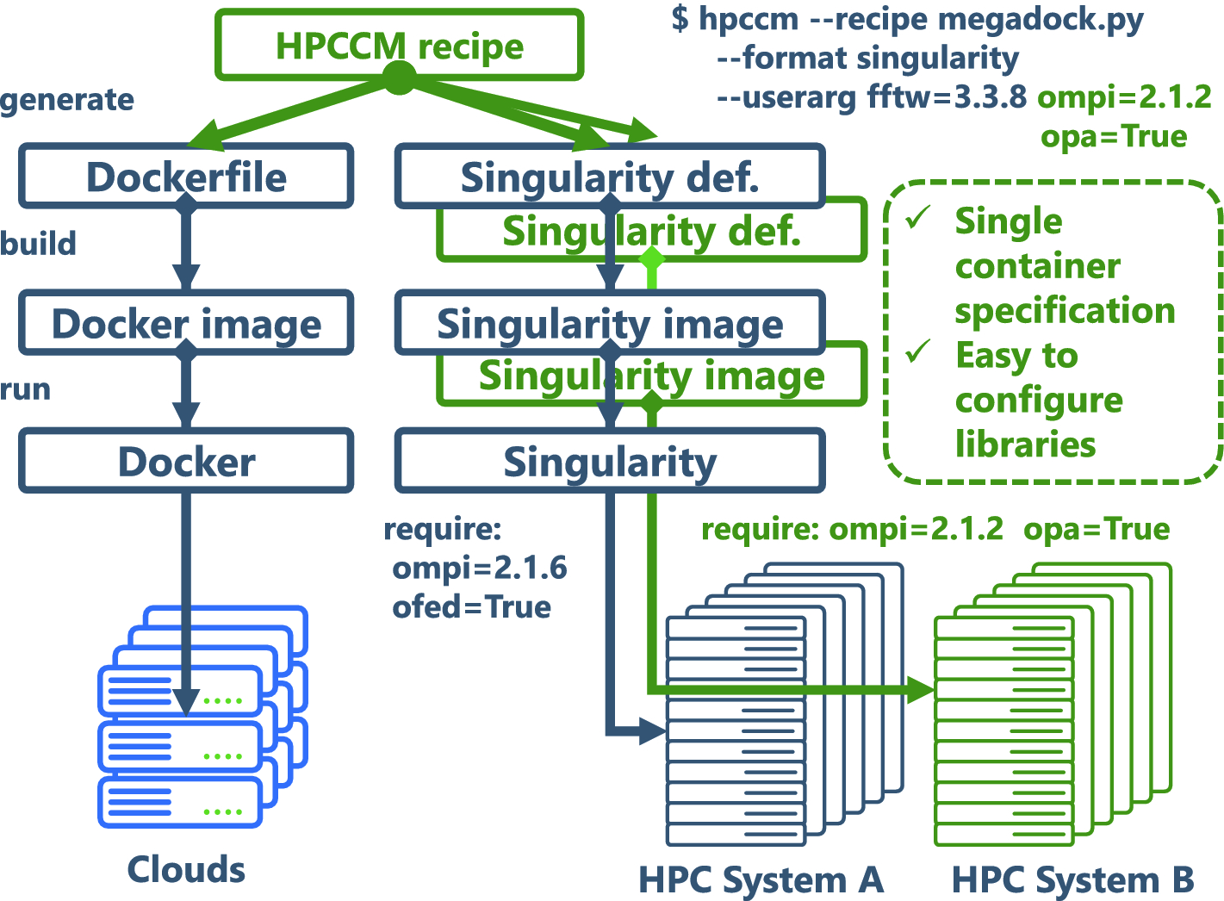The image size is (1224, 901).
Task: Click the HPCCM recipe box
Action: (399, 45)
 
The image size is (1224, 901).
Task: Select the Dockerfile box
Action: (186, 177)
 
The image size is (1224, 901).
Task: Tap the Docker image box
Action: (186, 323)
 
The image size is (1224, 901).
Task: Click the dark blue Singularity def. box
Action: (610, 177)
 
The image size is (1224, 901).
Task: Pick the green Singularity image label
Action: (651, 376)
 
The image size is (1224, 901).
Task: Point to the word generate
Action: (67, 100)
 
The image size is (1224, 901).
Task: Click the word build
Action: (38, 244)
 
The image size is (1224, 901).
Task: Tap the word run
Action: (25, 389)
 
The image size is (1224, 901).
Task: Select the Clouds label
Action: (186, 869)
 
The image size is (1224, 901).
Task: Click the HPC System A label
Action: (761, 879)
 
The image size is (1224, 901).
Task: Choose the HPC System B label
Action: (1072, 879)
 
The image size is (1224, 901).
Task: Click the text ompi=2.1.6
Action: (480, 569)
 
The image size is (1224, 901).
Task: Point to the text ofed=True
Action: (471, 607)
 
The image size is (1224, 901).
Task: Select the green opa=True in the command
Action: (1114, 136)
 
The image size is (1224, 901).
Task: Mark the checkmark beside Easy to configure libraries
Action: (918, 351)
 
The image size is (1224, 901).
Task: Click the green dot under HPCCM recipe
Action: (399, 79)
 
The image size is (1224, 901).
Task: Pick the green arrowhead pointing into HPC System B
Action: (923, 689)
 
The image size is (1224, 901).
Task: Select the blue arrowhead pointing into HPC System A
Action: (655, 732)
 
